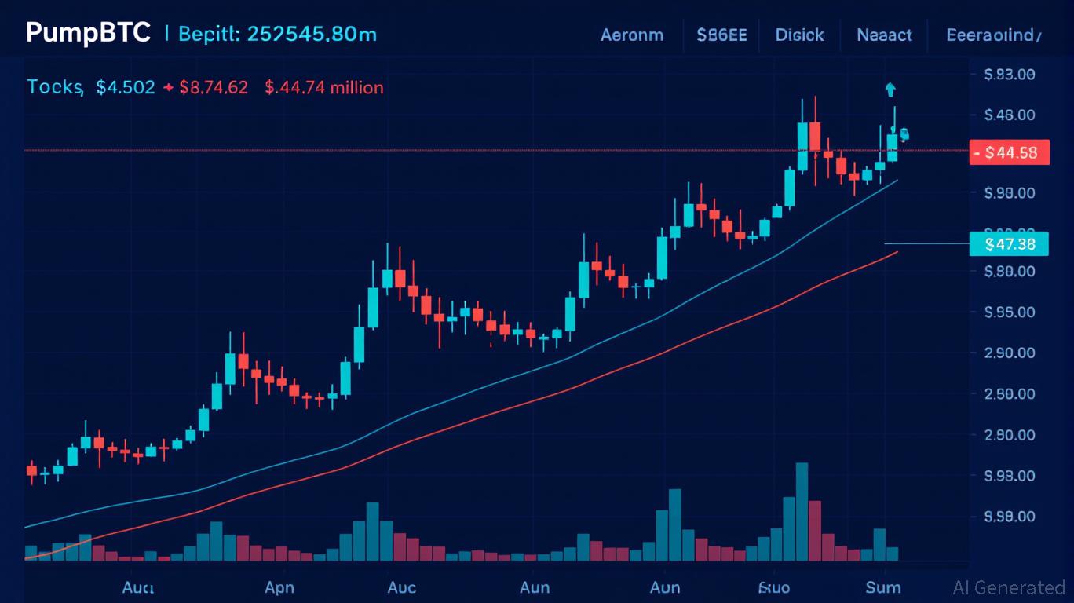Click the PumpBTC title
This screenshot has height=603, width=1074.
87,34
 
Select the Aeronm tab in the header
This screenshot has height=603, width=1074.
631,35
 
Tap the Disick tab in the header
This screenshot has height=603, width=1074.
799,35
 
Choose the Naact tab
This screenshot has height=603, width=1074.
884,35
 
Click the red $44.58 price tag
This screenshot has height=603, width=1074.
1010,152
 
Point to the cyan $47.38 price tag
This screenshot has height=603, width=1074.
1009,244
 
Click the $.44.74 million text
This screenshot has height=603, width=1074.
324,87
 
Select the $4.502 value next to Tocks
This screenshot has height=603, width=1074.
126,87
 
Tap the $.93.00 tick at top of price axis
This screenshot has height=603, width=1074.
1009,75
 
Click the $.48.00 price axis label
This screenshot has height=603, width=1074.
1009,115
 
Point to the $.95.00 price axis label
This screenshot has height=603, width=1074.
1009,312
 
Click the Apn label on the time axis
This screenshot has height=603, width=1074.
279,587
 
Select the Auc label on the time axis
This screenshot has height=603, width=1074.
402,587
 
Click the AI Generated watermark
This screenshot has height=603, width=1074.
1009,587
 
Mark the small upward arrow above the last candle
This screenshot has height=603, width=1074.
890,89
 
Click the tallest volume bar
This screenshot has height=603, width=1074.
802,511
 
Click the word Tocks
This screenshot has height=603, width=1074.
55,87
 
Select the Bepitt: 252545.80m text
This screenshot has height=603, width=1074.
277,35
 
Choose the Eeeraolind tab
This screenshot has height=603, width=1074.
994,35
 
